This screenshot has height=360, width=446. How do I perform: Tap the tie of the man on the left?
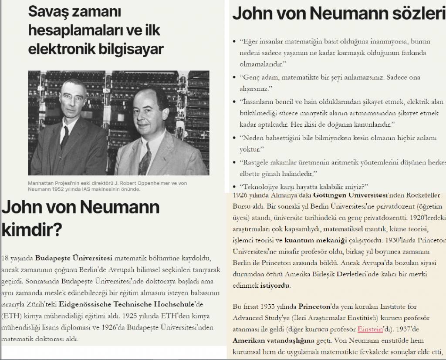(x=65, y=137)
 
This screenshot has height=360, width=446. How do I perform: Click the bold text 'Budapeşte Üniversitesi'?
(x=74, y=257)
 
